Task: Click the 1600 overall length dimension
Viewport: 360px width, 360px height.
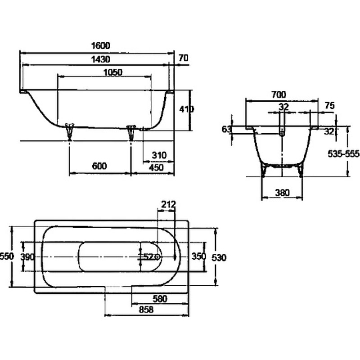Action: [101, 46]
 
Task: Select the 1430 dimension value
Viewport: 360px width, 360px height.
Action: [101, 59]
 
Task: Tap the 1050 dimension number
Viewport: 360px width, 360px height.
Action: [113, 72]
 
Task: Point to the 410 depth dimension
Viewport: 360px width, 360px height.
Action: [186, 109]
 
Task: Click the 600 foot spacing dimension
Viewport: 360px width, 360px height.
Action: [99, 166]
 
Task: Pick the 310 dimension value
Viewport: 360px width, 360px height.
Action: [159, 155]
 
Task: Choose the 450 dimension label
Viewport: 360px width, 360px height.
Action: [156, 167]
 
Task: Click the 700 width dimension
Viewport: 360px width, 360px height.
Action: [279, 94]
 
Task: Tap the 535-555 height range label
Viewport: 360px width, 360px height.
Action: [343, 153]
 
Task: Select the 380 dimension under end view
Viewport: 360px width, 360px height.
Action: [282, 193]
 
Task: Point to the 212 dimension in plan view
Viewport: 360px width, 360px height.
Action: [168, 204]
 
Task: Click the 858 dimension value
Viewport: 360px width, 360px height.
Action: [146, 310]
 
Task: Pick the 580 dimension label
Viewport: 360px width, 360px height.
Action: [160, 299]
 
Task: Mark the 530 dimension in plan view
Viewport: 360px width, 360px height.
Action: [219, 257]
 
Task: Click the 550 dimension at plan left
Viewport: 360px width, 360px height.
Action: [7, 256]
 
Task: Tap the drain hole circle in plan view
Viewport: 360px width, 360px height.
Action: [158, 256]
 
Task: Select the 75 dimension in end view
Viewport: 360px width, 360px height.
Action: [330, 105]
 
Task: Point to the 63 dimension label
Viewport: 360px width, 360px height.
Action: [226, 129]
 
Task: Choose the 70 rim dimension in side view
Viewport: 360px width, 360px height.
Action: [184, 58]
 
